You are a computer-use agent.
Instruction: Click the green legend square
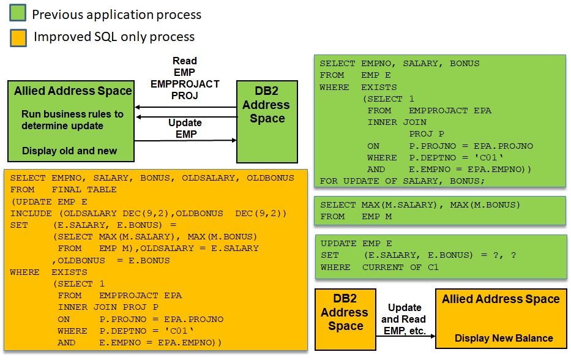click(18, 14)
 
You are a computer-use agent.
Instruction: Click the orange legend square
click(18, 37)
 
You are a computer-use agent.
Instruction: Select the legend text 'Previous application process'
click(116, 14)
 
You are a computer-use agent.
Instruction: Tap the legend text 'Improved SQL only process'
click(114, 37)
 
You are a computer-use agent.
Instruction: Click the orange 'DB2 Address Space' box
click(345, 318)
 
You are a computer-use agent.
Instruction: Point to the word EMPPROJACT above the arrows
click(185, 84)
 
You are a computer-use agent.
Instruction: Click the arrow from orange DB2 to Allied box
click(405, 336)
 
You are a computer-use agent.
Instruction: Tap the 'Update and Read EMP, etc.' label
click(405, 319)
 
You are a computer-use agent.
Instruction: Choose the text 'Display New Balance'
click(504, 338)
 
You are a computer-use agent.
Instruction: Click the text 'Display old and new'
click(69, 151)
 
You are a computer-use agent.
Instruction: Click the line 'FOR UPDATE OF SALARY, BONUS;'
click(402, 181)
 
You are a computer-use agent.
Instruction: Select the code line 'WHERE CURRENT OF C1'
click(379, 267)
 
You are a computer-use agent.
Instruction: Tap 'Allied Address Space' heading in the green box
click(73, 91)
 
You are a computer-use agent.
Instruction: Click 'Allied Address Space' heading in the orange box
click(501, 299)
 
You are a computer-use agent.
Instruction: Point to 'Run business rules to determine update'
click(72, 120)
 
